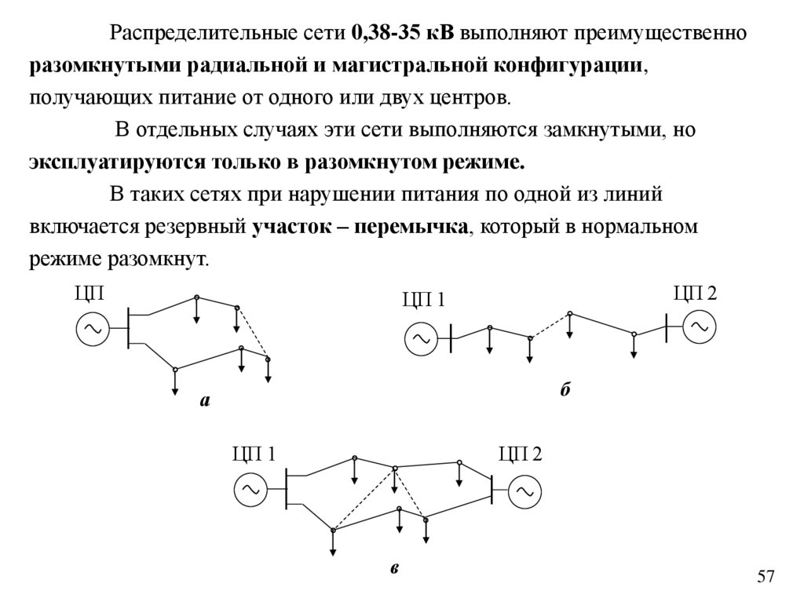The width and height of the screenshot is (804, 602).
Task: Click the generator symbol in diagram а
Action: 93,329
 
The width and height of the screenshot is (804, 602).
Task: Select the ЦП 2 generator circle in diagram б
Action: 698,327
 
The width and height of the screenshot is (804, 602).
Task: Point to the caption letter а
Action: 206,401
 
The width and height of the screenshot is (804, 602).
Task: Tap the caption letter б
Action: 565,391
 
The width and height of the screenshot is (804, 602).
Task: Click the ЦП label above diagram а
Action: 90,294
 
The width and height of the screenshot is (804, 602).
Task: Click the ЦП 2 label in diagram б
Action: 696,294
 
